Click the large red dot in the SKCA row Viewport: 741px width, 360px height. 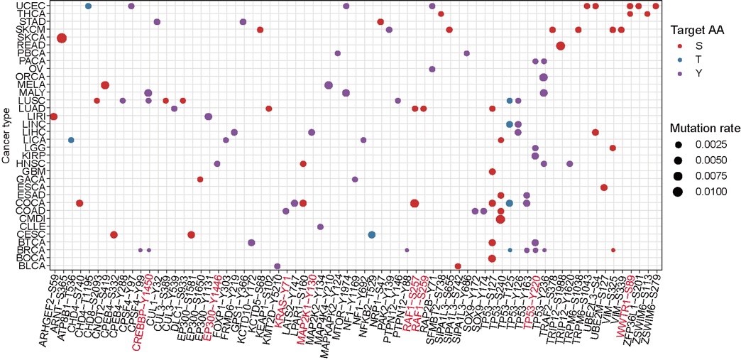(x=62, y=38)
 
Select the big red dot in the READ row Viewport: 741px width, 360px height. (x=561, y=46)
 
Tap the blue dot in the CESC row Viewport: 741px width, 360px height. (x=372, y=234)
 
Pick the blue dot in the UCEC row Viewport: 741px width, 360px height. (x=88, y=6)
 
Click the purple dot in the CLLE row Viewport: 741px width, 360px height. (x=320, y=227)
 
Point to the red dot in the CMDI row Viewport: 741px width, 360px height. (x=500, y=219)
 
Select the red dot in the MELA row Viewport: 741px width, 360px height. (x=105, y=85)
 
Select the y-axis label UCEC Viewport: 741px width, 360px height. (x=34, y=6)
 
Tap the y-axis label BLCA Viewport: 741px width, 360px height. (x=35, y=266)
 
